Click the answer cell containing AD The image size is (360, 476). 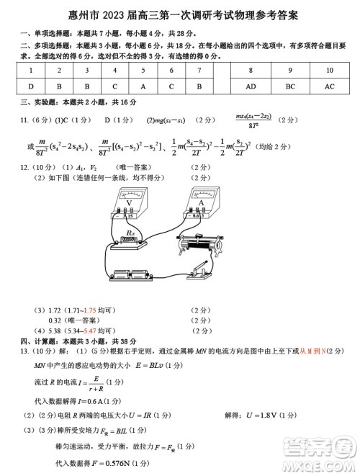click(251, 86)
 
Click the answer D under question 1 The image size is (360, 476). click(30, 86)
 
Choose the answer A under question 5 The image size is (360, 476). click(143, 86)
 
